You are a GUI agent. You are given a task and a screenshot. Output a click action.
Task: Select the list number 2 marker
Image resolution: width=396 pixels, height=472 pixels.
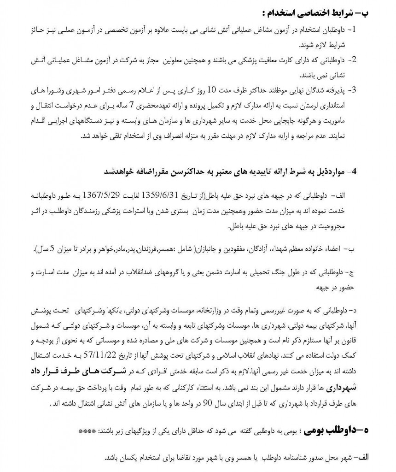[x=354, y=59]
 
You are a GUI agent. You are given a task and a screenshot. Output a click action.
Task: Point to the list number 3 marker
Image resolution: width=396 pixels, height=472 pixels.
[x=354, y=89]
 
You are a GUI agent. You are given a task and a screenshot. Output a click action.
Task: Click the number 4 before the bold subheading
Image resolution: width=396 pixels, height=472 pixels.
[x=354, y=171]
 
